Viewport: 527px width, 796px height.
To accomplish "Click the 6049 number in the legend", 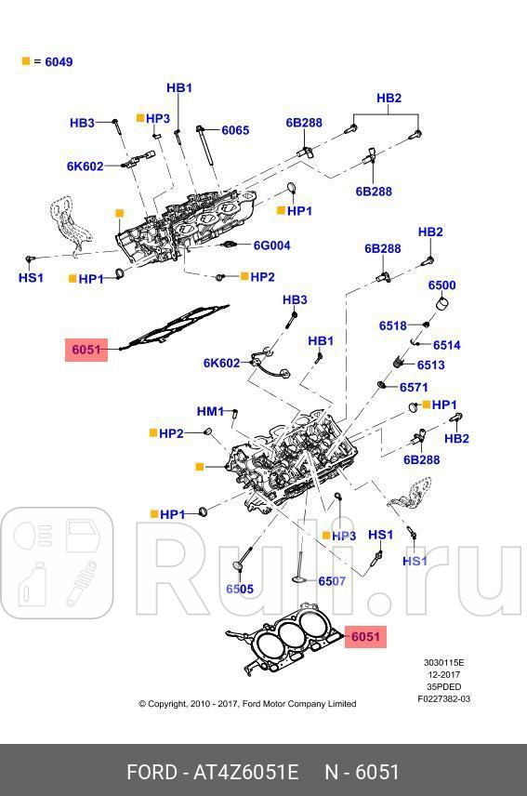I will (x=59, y=62).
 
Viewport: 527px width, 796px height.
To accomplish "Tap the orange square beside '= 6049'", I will (x=26, y=61).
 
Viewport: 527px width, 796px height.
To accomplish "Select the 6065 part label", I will (x=235, y=131).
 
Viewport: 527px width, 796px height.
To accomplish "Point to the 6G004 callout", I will (x=272, y=246).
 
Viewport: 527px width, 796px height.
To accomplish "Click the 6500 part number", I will (x=441, y=285).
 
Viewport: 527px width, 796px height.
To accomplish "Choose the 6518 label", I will (x=392, y=325).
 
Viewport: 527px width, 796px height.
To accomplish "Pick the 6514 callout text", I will (x=446, y=345).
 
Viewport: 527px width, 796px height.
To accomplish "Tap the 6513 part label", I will (x=430, y=365).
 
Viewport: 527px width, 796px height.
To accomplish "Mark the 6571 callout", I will (x=414, y=387).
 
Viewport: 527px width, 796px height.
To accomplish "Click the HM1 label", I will (x=209, y=411).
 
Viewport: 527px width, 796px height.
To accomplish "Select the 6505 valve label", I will (x=239, y=589).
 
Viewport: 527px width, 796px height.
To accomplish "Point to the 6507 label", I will (x=332, y=581).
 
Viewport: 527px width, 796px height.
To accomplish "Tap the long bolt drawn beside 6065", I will (x=207, y=149).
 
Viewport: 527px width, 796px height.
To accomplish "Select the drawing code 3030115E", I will (x=443, y=663).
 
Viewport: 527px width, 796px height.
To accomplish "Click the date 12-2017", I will (x=443, y=675).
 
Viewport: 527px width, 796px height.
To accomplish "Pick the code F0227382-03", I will (x=443, y=698).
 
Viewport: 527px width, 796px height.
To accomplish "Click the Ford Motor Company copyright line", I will (x=247, y=704).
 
